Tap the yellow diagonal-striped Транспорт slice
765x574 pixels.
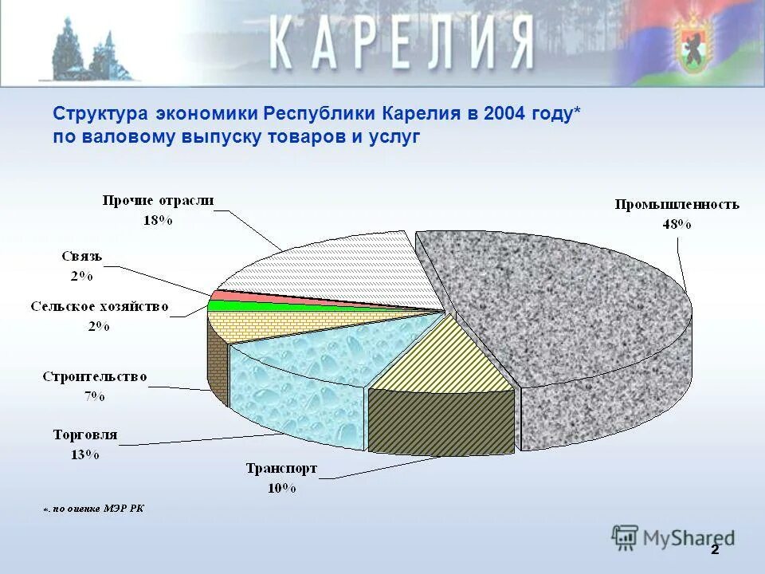click(446, 359)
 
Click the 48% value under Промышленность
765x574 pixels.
click(677, 224)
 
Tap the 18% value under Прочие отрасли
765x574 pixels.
click(158, 220)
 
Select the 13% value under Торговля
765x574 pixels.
click(84, 454)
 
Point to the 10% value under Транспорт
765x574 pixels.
click(281, 488)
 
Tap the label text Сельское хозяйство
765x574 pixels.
click(100, 306)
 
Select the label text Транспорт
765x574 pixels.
click(281, 469)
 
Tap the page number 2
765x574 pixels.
click(715, 550)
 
